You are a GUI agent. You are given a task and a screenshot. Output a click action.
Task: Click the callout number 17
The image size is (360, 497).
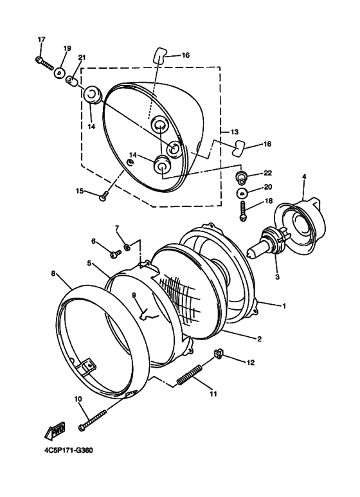coord(41,40)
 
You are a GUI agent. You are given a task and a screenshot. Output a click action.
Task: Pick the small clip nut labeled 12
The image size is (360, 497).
coord(219,354)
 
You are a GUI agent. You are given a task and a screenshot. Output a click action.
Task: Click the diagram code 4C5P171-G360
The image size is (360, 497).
coord(69,450)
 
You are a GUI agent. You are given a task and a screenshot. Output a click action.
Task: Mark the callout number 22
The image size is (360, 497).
coord(268,173)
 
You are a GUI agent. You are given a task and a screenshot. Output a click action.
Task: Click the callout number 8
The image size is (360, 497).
coord(53,273)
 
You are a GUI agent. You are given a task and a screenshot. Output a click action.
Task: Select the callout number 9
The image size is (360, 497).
coord(134,295)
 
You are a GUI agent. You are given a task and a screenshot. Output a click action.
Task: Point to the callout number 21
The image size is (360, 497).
coord(82,58)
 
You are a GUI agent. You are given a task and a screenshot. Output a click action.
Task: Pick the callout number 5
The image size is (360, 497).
coord(89,263)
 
